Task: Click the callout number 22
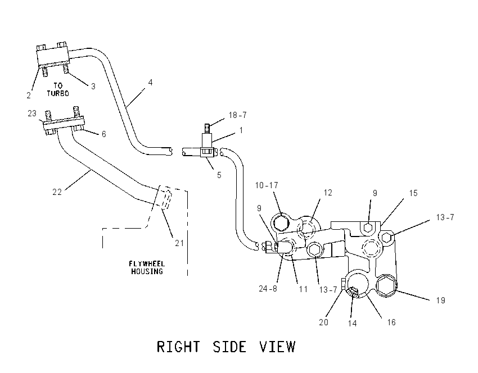(x=57, y=192)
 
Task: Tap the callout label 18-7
(x=237, y=115)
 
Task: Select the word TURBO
(x=58, y=93)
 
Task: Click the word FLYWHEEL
(x=147, y=263)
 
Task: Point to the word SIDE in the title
(x=229, y=347)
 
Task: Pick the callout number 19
(x=441, y=301)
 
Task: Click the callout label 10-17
(x=267, y=185)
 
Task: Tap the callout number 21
(x=179, y=243)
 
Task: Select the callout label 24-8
(x=268, y=288)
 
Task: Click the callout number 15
(x=413, y=193)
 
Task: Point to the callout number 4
(x=150, y=82)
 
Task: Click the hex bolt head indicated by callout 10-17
(x=281, y=223)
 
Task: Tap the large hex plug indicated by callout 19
(x=386, y=286)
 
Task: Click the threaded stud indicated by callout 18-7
(x=206, y=128)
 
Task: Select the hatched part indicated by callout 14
(x=353, y=292)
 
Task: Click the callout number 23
(x=32, y=113)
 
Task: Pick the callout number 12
(x=328, y=193)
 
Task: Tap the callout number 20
(x=323, y=322)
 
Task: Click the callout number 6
(x=103, y=134)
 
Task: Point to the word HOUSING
(x=147, y=271)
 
